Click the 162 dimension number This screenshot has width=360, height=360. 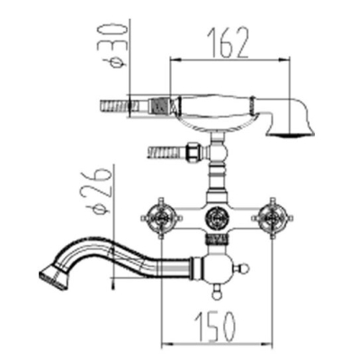229,42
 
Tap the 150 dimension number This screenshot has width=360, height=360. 215,327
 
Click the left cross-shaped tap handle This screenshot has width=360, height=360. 161,218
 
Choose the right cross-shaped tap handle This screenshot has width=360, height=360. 273,218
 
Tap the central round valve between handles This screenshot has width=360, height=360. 217,217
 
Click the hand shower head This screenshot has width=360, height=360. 291,120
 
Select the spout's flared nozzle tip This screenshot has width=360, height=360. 53,275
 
